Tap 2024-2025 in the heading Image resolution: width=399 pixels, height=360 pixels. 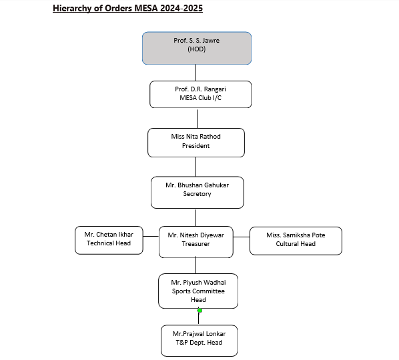(x=181, y=8)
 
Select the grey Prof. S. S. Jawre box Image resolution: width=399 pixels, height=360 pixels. (x=197, y=48)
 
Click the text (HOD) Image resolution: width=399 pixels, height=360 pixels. (x=197, y=49)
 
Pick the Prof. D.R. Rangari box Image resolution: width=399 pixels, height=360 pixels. (x=201, y=94)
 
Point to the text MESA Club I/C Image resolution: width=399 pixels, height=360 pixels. (x=201, y=98)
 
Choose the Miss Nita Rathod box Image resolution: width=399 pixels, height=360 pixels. (x=196, y=143)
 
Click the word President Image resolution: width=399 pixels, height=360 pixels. (x=196, y=146)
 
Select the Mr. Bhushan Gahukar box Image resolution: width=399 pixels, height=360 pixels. (x=197, y=193)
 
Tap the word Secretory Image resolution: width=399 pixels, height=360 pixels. (x=197, y=194)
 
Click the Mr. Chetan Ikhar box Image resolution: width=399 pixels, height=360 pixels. (x=109, y=240)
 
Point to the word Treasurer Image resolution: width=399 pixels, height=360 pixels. (x=196, y=244)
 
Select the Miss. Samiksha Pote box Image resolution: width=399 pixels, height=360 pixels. (x=296, y=241)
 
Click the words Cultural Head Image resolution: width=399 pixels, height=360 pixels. (x=296, y=244)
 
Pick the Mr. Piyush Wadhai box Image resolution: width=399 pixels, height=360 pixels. (x=198, y=291)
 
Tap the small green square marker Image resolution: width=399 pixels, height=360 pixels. (x=199, y=311)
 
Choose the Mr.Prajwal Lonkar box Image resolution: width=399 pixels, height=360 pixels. (x=199, y=341)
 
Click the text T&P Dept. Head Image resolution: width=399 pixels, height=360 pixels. (x=199, y=343)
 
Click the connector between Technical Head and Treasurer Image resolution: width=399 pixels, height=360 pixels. (x=151, y=236)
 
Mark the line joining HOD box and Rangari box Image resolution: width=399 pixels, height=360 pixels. (x=195, y=73)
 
